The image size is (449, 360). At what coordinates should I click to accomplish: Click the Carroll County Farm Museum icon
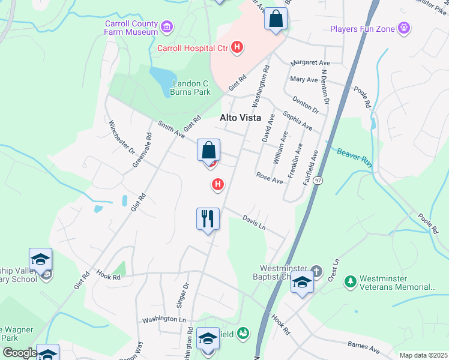pyautogui.click(x=167, y=27)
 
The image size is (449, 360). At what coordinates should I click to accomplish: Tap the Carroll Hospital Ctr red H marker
pyautogui.click(x=238, y=46)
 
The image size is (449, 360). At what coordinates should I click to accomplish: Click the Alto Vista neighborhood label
pyautogui.click(x=240, y=118)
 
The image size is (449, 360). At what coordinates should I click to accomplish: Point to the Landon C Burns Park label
pyautogui.click(x=191, y=88)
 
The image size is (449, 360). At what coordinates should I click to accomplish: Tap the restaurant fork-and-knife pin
pyautogui.click(x=208, y=218)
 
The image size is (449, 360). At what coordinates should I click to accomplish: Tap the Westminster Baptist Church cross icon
pyautogui.click(x=317, y=269)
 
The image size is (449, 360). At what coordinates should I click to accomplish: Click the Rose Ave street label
pyautogui.click(x=269, y=178)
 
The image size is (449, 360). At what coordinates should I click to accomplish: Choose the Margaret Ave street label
pyautogui.click(x=310, y=63)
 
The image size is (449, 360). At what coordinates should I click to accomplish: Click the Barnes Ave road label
pyautogui.click(x=364, y=347)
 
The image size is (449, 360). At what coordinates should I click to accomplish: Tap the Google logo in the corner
pyautogui.click(x=20, y=353)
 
